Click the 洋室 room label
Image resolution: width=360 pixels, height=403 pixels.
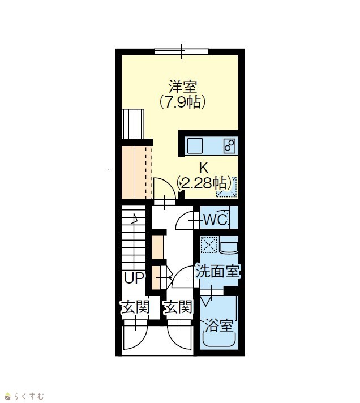pos(183,87)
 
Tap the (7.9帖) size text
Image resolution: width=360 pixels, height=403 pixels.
pos(182,102)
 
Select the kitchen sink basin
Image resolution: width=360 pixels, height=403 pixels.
pos(195,145)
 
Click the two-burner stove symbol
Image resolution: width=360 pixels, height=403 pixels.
pos(229,146)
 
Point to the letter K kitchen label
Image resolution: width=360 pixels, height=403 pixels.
pos(204,168)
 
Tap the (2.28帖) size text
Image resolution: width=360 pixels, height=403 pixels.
pos(204,183)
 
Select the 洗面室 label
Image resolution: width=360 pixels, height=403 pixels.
pos(218,271)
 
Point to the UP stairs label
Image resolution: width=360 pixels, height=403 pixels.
pos(134,278)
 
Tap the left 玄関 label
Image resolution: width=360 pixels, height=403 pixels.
pos(135,307)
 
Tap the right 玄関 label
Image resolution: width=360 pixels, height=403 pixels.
pos(178,307)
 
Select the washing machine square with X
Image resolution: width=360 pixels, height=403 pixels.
pos(209,245)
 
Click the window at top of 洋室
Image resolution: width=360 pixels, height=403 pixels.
pos(181,52)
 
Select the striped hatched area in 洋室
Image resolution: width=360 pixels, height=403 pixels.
pos(132,124)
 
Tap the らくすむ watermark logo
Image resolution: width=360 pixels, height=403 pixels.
pos(25,396)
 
